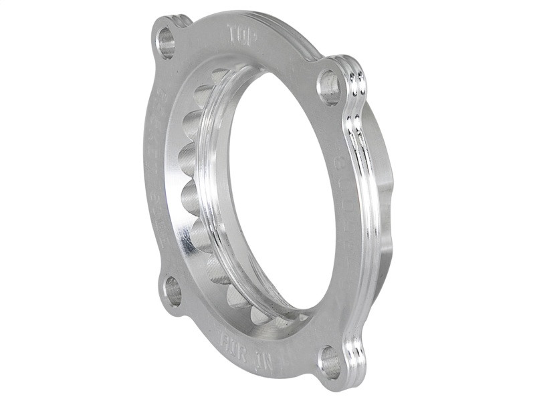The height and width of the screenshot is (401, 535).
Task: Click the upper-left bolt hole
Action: [x=165, y=42]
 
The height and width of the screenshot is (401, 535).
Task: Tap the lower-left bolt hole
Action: [x=173, y=291]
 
